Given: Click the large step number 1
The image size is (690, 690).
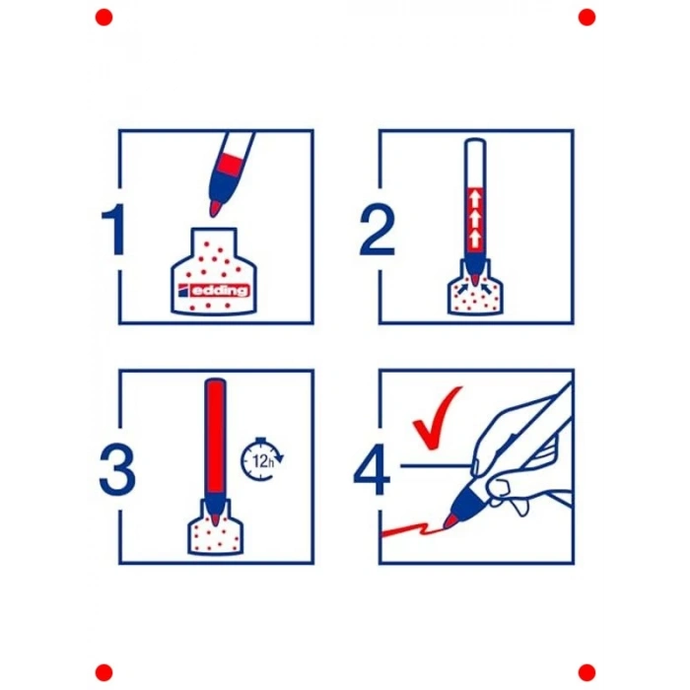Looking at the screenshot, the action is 114,229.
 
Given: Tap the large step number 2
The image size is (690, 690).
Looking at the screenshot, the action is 377,229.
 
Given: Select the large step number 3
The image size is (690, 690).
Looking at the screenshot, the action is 117,469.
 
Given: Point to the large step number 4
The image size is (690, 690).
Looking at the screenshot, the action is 373,469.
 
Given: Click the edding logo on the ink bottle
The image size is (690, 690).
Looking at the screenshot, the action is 214,291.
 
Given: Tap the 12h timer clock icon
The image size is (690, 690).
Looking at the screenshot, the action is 262,459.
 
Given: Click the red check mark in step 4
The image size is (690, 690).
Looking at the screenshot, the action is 437,418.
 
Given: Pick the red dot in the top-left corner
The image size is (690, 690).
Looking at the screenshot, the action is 103,18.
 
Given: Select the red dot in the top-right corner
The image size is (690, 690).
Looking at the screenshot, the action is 586,18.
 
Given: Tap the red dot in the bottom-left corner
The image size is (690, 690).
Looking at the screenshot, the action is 103,672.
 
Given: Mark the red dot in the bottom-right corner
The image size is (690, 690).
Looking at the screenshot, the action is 586,672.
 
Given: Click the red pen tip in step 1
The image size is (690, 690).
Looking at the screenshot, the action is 215,208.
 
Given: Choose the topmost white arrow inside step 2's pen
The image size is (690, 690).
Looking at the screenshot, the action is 475,197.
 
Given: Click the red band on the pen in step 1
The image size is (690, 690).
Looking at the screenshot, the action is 230,165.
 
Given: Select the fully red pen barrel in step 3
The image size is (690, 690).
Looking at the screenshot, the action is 216,436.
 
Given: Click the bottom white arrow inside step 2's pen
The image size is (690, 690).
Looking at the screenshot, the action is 475,239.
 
